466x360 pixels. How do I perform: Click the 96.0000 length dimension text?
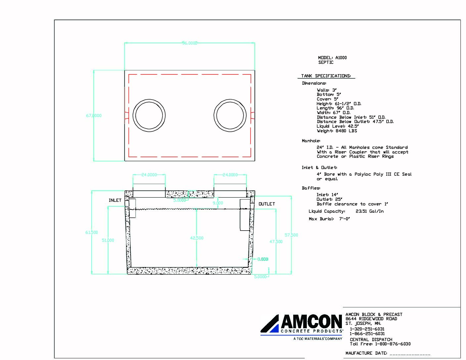(190, 43)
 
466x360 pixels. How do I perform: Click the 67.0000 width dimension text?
(94, 116)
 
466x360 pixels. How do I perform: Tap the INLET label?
(115, 200)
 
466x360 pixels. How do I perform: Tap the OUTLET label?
(267, 204)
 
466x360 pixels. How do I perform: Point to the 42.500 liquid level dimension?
(197, 238)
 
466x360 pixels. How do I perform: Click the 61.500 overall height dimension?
(92, 232)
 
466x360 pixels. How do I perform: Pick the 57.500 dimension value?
(291, 235)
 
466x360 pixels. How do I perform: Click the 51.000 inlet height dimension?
(108, 240)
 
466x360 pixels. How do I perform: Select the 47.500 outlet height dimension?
(276, 242)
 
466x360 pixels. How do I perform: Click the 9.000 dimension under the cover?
(218, 203)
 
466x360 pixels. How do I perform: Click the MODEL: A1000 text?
(332, 58)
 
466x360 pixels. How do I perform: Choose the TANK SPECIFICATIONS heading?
(326, 76)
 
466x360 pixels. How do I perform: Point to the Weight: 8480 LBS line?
(337, 131)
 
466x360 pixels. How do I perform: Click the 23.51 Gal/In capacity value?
(369, 211)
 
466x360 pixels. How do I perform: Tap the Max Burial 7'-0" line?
(329, 219)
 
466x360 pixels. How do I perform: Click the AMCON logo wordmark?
(311, 322)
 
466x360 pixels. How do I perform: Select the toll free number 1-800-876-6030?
(393, 344)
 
